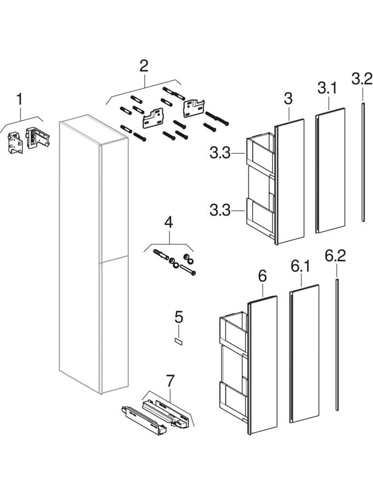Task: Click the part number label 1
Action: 20,100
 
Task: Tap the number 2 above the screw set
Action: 144,66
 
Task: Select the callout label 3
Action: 288,99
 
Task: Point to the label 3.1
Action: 327,88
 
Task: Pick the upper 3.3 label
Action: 221,154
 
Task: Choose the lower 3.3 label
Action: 221,209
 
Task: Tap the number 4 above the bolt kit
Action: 168,223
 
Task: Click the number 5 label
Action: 179,317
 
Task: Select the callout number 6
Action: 262,276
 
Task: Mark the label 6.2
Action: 335,256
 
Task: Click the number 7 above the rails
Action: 170,380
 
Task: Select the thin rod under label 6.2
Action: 336,346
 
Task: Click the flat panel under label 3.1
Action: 331,170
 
